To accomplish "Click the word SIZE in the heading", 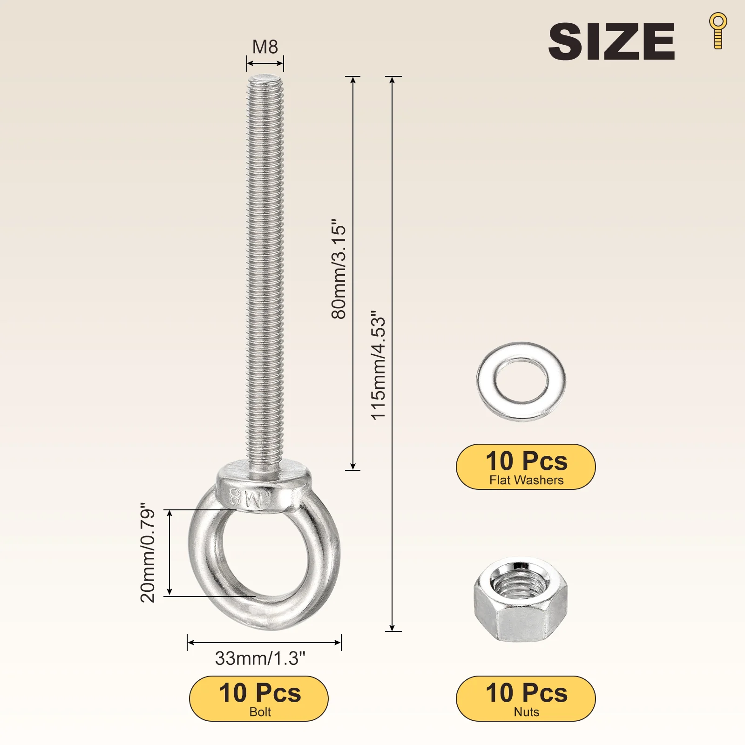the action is (611, 41).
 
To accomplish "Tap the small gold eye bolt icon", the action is (718, 31).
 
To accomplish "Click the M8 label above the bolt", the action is (265, 47).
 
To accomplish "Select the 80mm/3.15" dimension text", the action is (339, 269).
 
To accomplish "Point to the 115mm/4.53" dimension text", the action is (379, 366).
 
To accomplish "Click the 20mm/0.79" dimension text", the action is (148, 553).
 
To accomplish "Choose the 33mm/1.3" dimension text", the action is (260, 658).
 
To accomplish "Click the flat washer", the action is (521, 382).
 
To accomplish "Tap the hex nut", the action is (521, 601).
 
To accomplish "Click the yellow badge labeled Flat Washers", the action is (526, 467).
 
